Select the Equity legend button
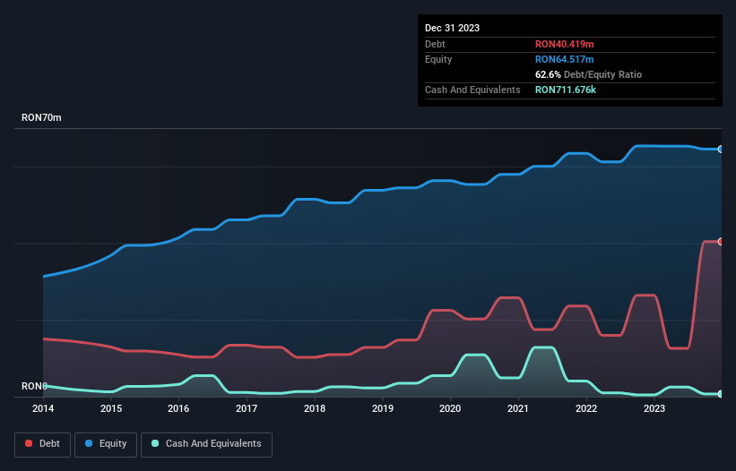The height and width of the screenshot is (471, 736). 106,444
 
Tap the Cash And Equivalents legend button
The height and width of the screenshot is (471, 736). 206,444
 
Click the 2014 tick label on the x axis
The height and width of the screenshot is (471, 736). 43,408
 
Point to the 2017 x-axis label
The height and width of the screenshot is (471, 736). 247,408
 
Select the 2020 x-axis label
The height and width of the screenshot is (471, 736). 450,408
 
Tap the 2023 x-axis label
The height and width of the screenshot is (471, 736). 654,408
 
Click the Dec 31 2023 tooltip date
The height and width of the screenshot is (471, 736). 452,28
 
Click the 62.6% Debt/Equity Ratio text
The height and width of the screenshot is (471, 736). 588,74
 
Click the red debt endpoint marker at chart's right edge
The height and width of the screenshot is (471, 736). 720,242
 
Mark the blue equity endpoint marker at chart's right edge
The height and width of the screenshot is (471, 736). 720,150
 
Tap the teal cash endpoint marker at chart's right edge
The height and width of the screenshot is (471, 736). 720,394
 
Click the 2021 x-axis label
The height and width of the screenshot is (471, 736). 518,408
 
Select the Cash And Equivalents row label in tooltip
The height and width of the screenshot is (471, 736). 472,90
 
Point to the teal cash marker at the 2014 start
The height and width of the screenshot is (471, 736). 44,386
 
